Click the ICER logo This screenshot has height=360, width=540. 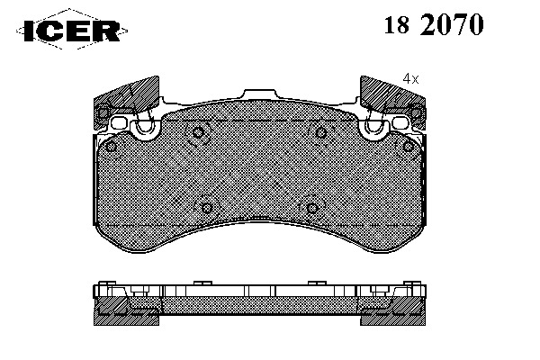coord(72,30)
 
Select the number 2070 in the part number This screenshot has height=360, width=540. coord(452,24)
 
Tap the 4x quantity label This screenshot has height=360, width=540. coord(410,79)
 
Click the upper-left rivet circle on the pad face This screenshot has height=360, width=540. coord(198,132)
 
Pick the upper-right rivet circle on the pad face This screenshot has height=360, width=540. coord(321,132)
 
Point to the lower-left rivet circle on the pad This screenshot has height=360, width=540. coord(206,208)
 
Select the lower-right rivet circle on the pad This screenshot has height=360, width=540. coord(312,208)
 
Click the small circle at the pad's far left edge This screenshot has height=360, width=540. coord(111,147)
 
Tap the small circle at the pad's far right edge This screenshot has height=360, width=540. coord(408,147)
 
